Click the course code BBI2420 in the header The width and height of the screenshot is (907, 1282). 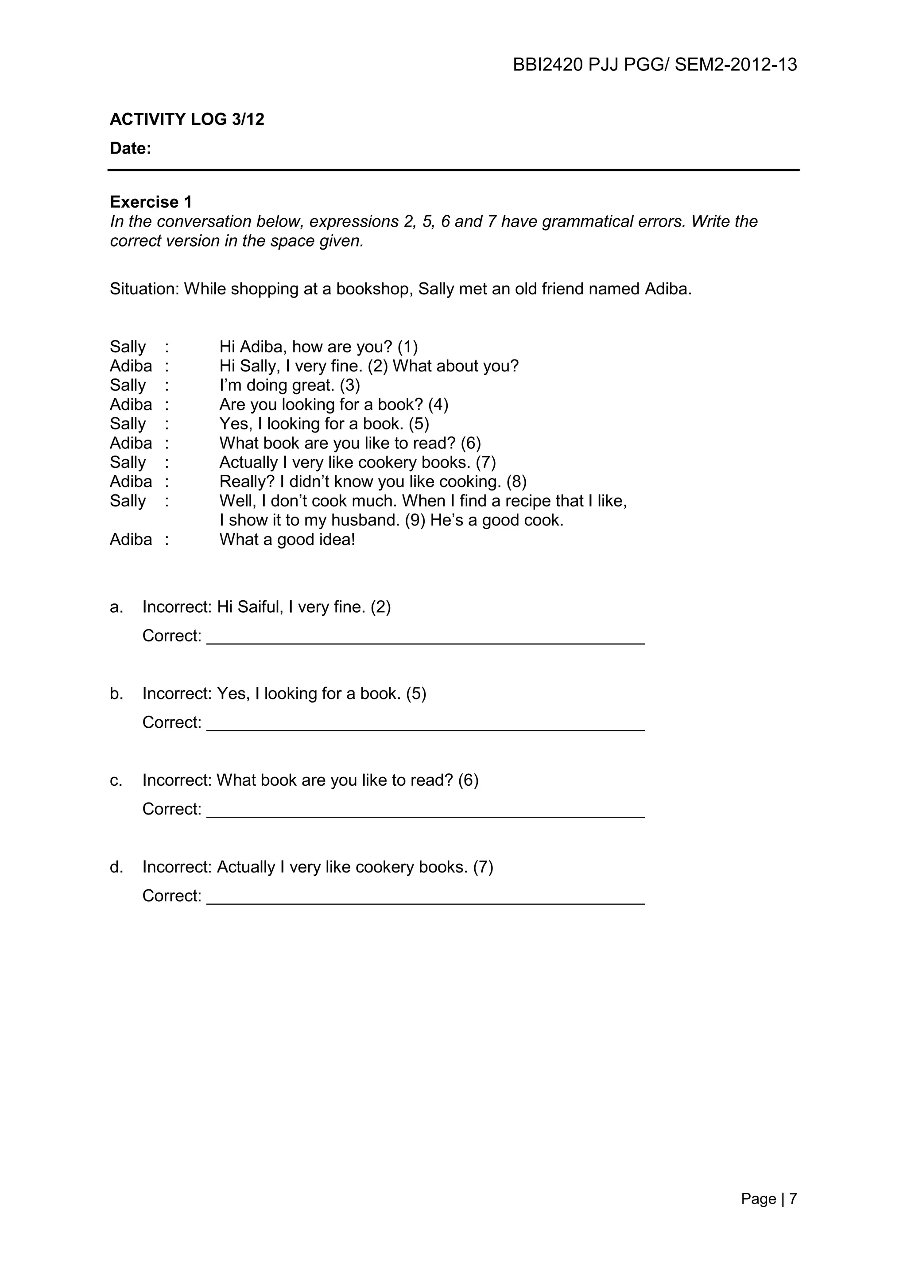(x=547, y=66)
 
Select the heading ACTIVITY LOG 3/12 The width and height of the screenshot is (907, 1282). (x=186, y=120)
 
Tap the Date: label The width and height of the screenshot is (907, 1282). (x=130, y=149)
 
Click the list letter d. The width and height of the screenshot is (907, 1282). (x=116, y=867)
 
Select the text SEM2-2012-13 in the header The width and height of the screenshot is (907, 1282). (x=736, y=66)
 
